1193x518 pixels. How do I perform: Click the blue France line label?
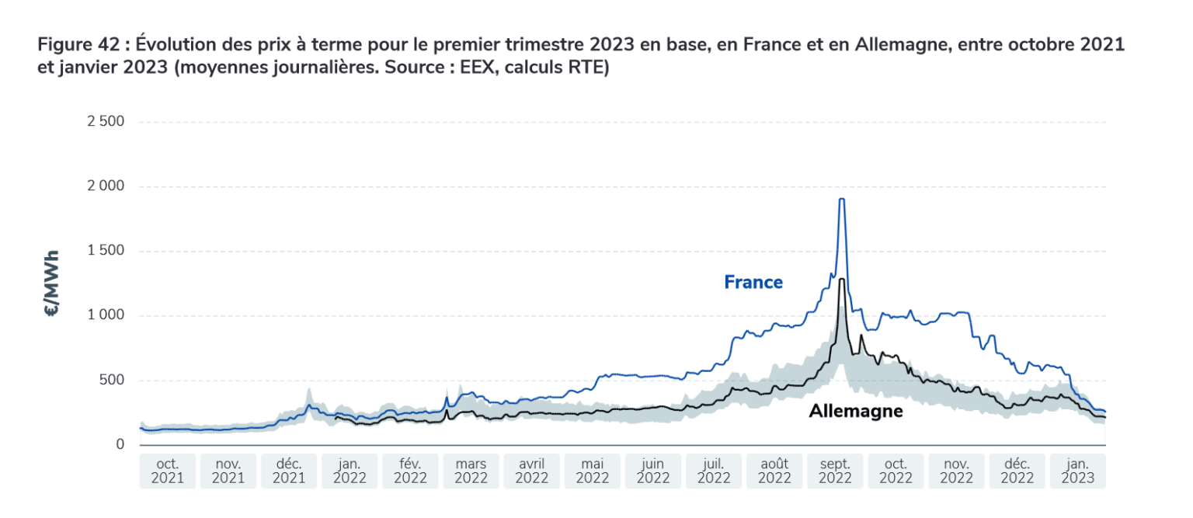(x=753, y=282)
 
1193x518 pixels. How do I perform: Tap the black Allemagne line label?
(x=855, y=411)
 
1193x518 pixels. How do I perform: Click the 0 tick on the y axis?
(x=120, y=444)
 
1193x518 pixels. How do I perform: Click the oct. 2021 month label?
(x=167, y=471)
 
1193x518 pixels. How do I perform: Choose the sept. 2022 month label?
(x=835, y=471)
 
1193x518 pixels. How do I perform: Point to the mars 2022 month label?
(x=471, y=471)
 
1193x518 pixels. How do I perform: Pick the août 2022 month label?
(x=774, y=471)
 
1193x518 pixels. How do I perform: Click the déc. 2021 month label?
(x=289, y=471)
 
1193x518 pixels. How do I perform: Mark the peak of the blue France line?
(x=841, y=200)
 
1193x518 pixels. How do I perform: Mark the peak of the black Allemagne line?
(x=842, y=279)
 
